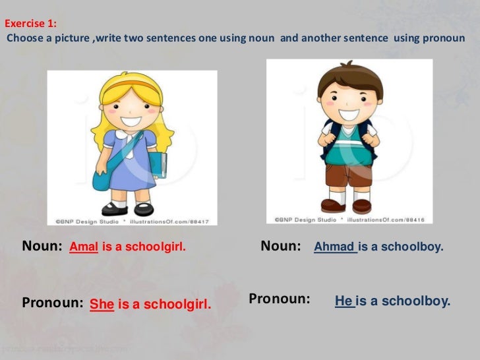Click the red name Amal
(84, 248)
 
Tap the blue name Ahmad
(335, 247)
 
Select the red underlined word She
(102, 304)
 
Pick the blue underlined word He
(344, 301)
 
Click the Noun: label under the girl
(42, 247)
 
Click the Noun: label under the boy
(281, 246)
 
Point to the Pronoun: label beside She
(53, 303)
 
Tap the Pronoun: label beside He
(280, 299)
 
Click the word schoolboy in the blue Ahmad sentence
(417, 247)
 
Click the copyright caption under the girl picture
(132, 222)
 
